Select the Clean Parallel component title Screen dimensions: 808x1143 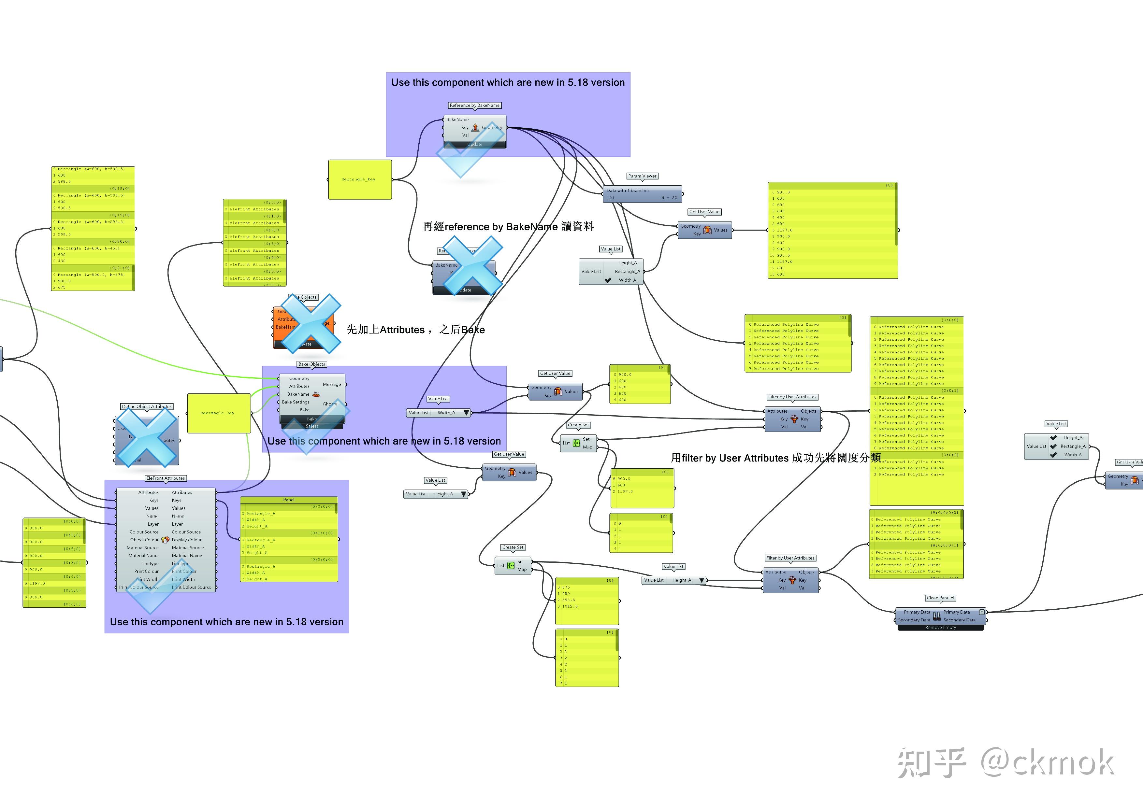tap(940, 598)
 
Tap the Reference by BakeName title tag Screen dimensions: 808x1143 tap(474, 106)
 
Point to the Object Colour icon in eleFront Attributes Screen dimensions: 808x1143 tap(165, 540)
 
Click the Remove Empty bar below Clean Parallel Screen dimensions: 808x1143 tap(940, 628)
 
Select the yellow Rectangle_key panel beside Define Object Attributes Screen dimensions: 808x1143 tap(219, 413)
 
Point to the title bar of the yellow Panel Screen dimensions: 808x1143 tap(289, 500)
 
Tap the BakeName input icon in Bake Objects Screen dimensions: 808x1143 tap(316, 394)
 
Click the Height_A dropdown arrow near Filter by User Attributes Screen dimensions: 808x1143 tap(702, 580)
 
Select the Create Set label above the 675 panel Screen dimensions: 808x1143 tap(513, 547)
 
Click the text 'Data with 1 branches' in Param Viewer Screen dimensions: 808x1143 tap(628, 191)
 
